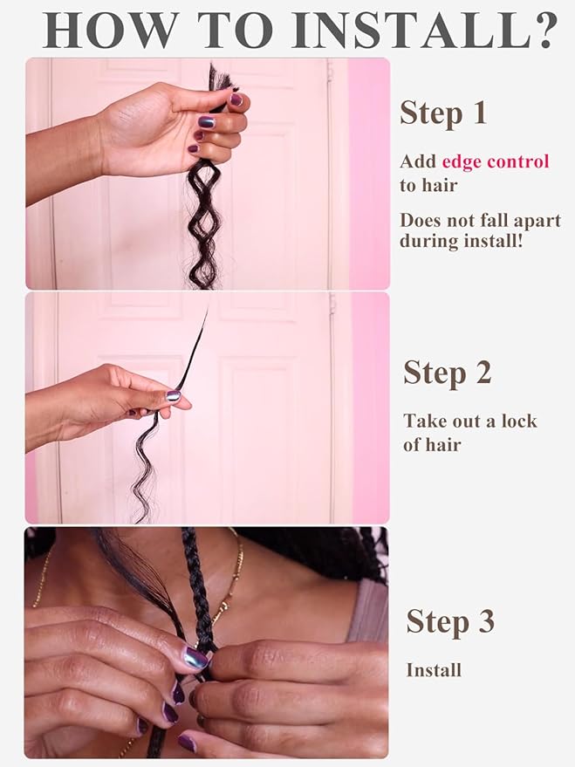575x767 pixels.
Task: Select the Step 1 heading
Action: [x=443, y=113]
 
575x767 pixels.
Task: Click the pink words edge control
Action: [x=496, y=161]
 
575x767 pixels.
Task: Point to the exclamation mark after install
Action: [x=521, y=241]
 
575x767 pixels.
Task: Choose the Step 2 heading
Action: [x=447, y=373]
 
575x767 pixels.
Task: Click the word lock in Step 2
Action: [x=517, y=421]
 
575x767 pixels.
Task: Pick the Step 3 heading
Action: [x=450, y=622]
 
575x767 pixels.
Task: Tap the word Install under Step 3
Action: [x=434, y=670]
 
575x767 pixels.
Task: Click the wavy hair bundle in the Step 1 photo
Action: [x=204, y=218]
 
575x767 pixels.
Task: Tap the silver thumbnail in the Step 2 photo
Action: [x=174, y=395]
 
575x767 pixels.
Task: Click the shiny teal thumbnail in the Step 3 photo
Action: [x=195, y=658]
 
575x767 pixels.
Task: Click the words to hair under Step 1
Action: [x=428, y=184]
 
